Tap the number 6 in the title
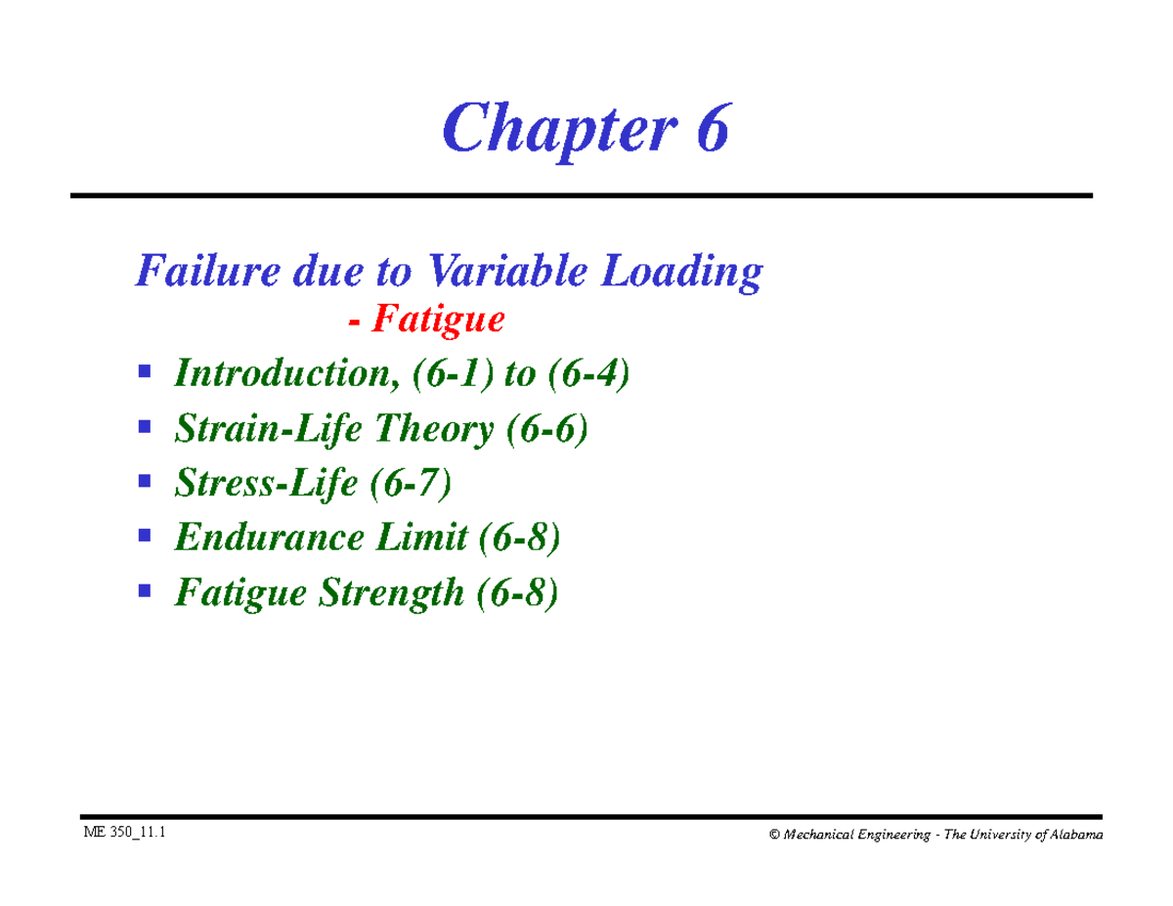click(712, 131)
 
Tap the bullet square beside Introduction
click(145, 372)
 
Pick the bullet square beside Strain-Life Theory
click(145, 427)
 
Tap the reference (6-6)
click(547, 429)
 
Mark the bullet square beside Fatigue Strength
click(145, 590)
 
